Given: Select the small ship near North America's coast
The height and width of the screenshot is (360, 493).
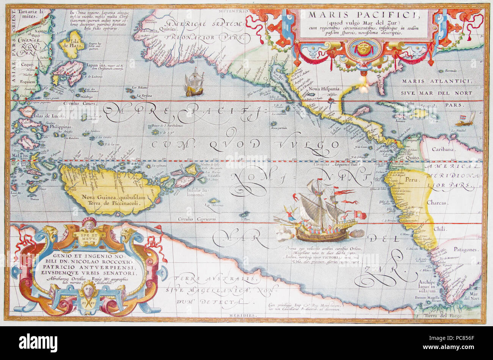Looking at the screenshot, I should tap(194, 82).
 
